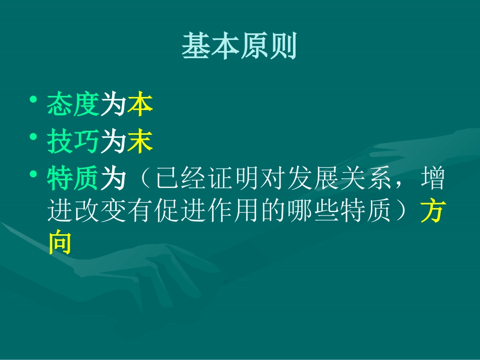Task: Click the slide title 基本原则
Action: pos(239,47)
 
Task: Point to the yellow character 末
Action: pos(140,142)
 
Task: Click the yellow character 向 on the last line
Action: pos(60,243)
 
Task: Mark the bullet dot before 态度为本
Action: pos(33,99)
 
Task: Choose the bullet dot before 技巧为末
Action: pos(33,136)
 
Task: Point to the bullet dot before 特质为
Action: pos(33,173)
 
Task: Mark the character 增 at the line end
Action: pos(432,179)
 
